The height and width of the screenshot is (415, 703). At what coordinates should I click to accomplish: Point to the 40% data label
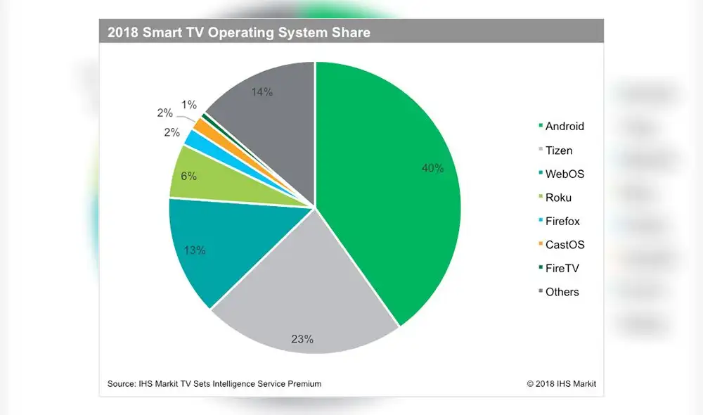click(432, 168)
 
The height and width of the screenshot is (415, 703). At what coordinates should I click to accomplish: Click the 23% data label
click(302, 339)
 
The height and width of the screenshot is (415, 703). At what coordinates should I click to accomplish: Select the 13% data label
click(195, 250)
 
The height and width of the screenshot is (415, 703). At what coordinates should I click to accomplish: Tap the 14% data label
click(262, 92)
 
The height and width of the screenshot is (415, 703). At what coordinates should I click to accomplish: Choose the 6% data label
click(188, 177)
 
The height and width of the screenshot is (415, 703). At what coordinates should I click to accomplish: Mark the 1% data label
click(188, 105)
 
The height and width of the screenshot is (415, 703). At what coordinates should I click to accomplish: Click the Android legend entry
click(561, 127)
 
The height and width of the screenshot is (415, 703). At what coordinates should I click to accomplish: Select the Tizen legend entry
click(555, 151)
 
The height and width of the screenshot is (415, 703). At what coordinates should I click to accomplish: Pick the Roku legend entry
click(555, 198)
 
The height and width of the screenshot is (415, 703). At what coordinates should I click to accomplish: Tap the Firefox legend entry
click(559, 222)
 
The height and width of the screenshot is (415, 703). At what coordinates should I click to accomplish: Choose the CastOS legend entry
click(561, 245)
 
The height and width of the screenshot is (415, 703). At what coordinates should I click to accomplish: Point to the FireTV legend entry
click(559, 269)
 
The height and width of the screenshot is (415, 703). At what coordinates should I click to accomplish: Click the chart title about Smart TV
click(239, 32)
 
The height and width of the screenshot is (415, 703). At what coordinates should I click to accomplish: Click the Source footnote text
click(214, 384)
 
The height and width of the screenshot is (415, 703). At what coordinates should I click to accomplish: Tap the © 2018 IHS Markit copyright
click(561, 384)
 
